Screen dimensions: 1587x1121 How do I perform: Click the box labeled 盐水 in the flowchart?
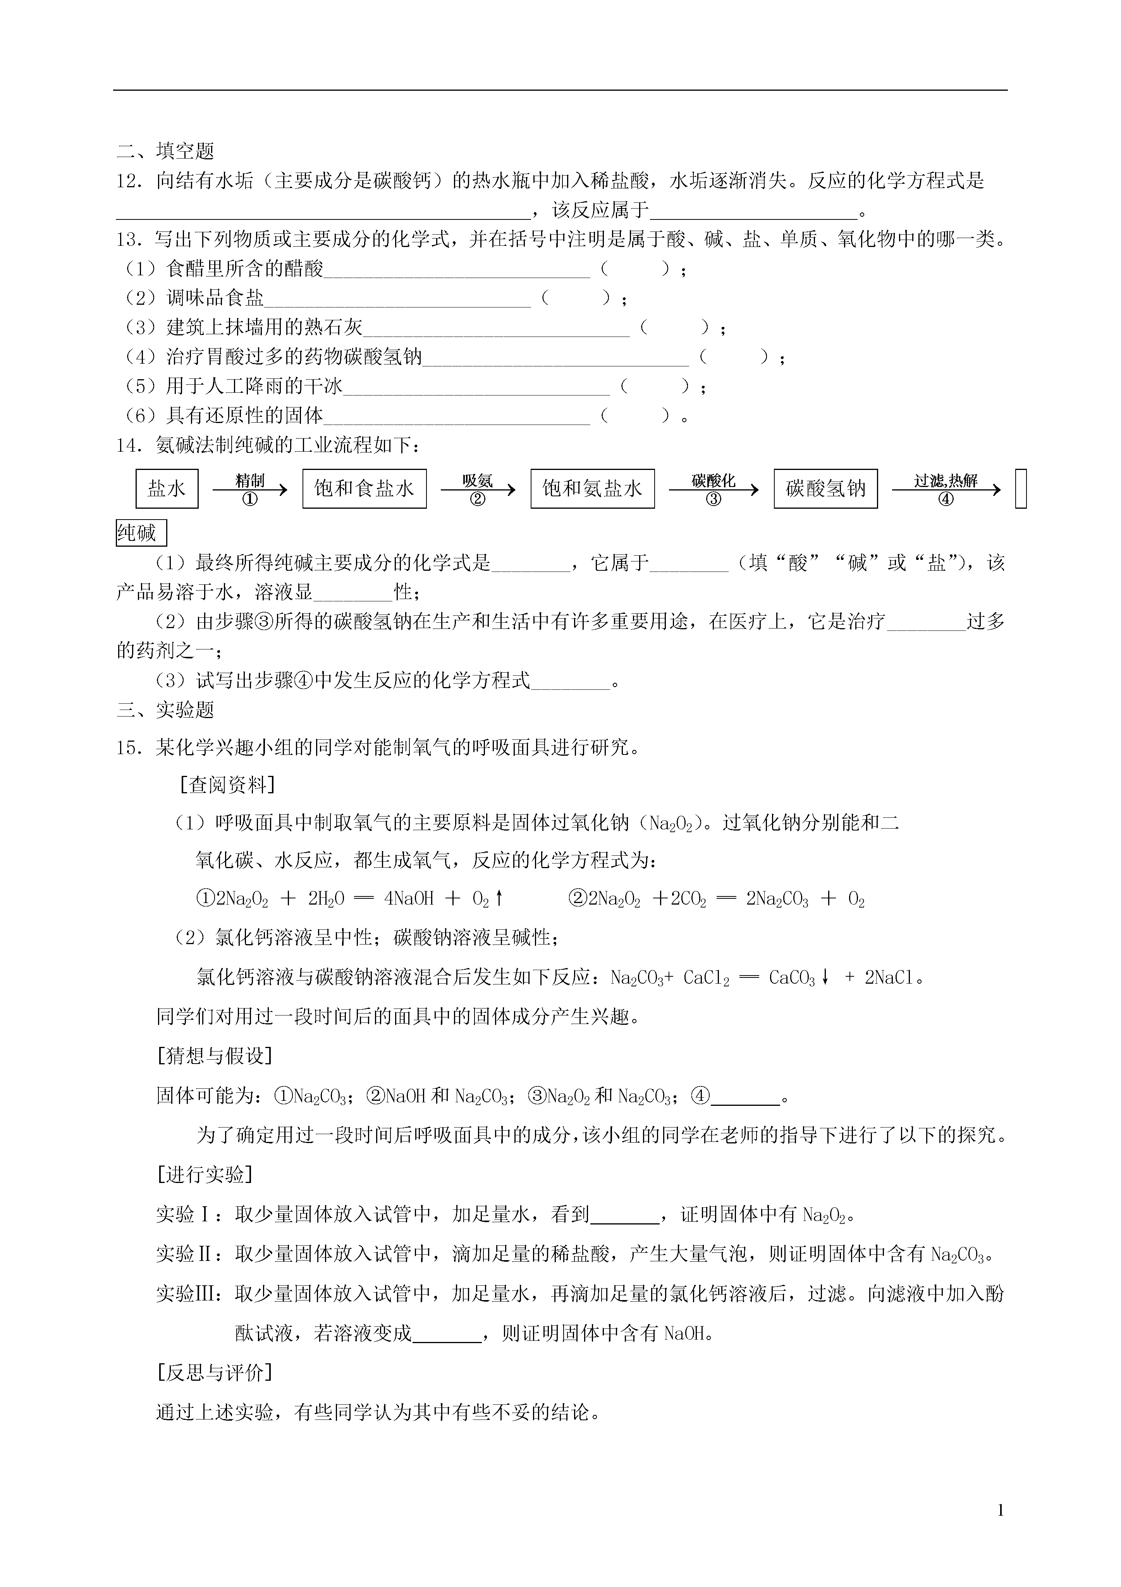click(167, 489)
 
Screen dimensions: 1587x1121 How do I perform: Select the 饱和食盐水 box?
click(364, 489)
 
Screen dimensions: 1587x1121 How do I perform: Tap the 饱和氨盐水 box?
click(592, 489)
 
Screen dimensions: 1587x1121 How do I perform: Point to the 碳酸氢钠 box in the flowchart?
click(825, 489)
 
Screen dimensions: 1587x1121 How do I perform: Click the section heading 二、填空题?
click(166, 151)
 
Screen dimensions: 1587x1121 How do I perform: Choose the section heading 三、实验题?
click(166, 710)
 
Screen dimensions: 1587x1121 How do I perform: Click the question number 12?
click(129, 181)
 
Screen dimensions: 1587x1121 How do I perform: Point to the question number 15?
click(129, 748)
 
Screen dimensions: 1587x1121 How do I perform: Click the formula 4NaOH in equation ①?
click(409, 899)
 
